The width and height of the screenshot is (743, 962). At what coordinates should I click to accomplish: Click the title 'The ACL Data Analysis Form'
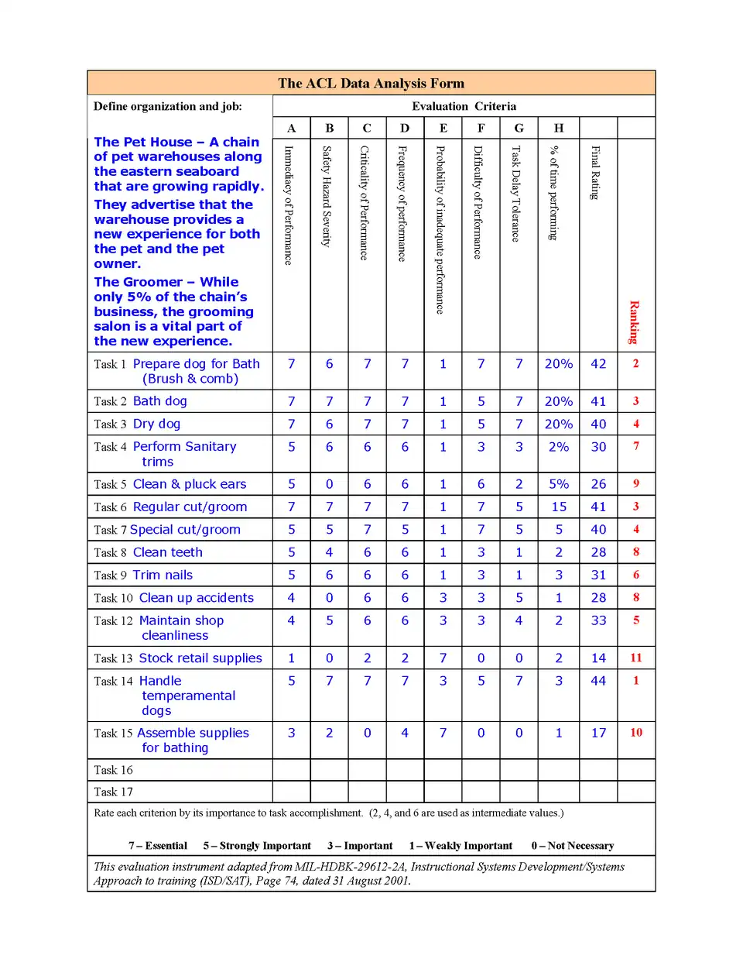coord(371,84)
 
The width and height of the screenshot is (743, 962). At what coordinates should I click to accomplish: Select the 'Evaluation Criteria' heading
coord(464,106)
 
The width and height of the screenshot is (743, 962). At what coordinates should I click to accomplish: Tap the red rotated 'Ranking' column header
coord(635,321)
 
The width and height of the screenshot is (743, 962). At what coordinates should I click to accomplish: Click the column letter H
coord(559,128)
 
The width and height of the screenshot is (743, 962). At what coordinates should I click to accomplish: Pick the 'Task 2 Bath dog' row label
coord(140,401)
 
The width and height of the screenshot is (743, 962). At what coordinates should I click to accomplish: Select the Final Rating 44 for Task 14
coord(598,681)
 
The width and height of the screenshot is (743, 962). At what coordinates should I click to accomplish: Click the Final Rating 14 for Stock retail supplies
coord(598,658)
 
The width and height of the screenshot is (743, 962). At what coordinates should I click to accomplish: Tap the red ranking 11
coord(636,658)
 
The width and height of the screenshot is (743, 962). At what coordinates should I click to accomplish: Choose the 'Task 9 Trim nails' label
coord(143,575)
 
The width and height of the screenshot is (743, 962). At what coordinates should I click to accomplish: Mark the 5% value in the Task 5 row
coord(559,484)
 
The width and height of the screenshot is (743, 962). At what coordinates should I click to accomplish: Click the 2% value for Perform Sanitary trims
coord(559,447)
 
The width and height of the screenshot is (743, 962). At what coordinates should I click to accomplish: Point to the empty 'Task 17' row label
coord(113,792)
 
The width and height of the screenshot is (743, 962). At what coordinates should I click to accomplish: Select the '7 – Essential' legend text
coord(158,846)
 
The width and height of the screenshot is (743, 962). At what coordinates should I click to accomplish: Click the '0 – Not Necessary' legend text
coord(573,846)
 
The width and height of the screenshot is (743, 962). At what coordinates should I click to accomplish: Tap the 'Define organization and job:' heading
coord(167,106)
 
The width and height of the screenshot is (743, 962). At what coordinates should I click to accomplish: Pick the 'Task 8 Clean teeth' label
coord(148,552)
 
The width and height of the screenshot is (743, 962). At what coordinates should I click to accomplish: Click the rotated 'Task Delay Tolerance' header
coord(516,194)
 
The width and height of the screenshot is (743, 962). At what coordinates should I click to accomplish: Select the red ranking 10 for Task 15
coord(636,733)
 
